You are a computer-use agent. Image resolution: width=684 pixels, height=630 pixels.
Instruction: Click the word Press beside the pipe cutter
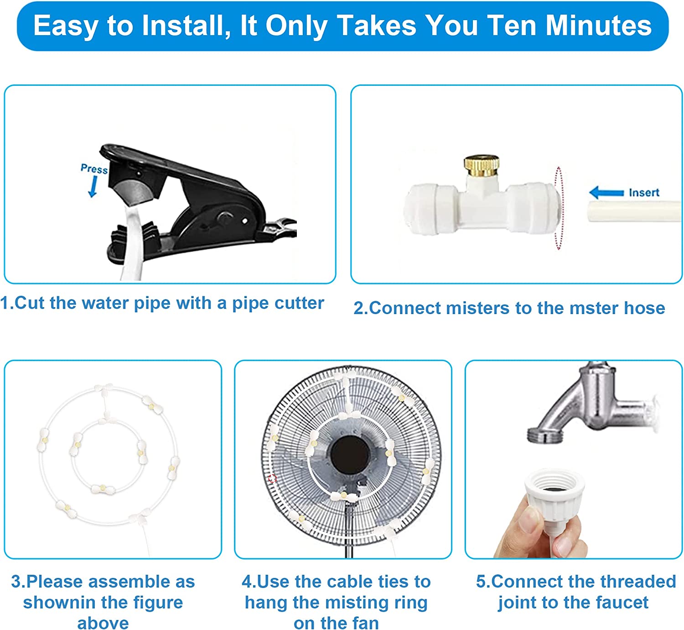(x=94, y=168)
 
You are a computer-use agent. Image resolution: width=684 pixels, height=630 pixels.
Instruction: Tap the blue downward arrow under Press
(x=93, y=187)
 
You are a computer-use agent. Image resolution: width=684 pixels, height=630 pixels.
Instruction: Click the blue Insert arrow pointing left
(x=606, y=193)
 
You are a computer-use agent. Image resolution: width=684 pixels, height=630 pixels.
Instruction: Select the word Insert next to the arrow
(x=644, y=193)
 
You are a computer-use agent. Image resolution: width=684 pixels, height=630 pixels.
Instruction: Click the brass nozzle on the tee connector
(x=482, y=166)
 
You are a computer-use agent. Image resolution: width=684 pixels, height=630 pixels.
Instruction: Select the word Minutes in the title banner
(x=598, y=26)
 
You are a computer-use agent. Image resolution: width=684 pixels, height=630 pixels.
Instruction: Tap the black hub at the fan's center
(x=350, y=454)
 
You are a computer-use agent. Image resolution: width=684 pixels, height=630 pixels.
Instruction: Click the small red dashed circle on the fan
(x=272, y=478)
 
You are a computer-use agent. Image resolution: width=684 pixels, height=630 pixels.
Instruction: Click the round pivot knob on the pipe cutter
(x=225, y=217)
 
